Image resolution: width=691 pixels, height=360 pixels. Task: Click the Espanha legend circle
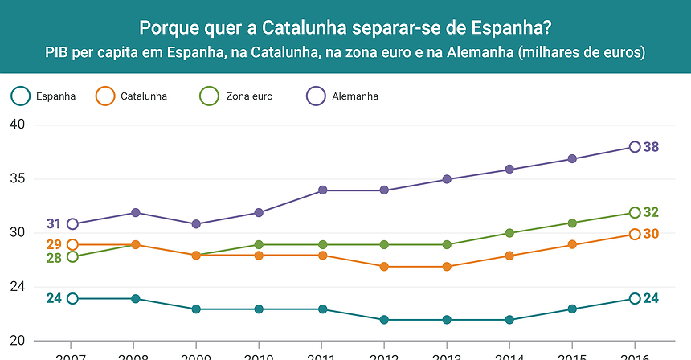coord(22,96)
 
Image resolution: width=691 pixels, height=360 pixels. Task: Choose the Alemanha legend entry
coord(354,96)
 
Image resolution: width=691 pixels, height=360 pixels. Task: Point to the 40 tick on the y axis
coord(18,125)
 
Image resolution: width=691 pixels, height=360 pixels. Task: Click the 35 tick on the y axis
coord(18,179)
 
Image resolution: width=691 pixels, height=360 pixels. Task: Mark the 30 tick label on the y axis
coord(18,233)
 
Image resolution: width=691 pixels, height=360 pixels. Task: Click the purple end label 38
coord(651,147)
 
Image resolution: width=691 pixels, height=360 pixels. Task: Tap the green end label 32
coord(651,213)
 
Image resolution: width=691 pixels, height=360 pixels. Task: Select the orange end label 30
coord(651,234)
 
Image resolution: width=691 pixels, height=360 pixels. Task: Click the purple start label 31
coord(54,224)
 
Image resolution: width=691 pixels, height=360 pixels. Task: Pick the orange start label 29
coord(54,244)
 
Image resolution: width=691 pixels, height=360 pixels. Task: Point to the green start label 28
coord(54,258)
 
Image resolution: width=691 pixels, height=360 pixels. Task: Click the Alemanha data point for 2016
coord(635,147)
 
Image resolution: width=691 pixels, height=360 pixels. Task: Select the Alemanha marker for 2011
coord(322,190)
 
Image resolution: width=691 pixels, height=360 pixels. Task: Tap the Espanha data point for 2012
coord(385,320)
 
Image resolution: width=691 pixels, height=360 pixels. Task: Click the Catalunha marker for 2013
coord(448,267)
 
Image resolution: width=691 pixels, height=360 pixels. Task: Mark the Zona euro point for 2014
coord(510,233)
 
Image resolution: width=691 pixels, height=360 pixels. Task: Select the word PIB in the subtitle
coord(58,53)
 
